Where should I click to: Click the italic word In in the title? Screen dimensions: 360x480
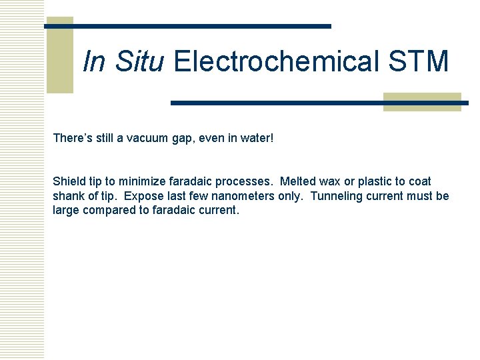point(94,61)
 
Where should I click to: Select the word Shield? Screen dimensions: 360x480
point(69,181)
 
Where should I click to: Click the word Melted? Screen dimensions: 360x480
point(298,181)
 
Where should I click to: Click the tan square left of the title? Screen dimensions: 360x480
point(59,55)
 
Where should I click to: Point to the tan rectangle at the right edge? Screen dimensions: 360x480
point(422,101)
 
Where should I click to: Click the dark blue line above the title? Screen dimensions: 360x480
point(187,26)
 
